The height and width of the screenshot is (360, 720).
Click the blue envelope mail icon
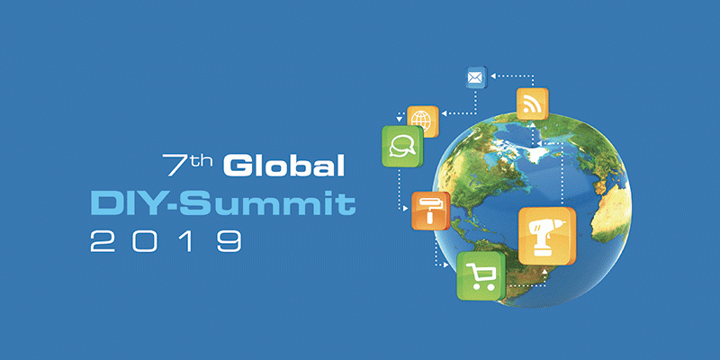coord(474,78)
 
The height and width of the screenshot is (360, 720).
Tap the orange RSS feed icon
coord(532,105)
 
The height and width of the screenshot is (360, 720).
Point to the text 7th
coord(188,165)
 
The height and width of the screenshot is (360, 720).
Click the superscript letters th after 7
coord(201,159)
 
